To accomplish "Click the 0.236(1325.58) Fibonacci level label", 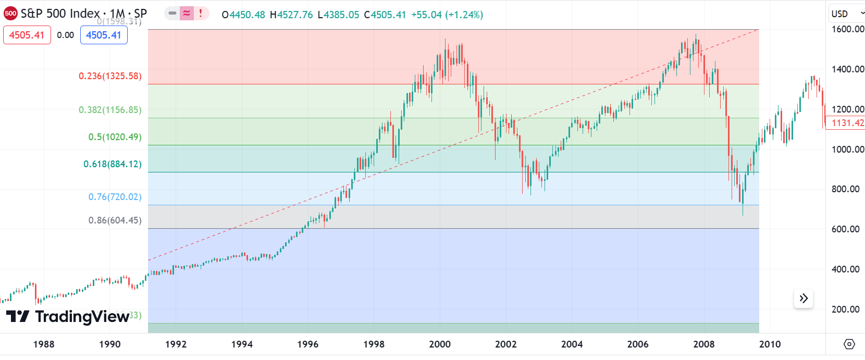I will pyautogui.click(x=110, y=76).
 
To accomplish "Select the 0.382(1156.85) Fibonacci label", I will pyautogui.click(x=110, y=110).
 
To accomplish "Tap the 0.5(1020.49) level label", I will pyautogui.click(x=115, y=137).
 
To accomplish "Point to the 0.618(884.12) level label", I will pyautogui.click(x=112, y=164).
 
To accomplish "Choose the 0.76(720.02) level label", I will pyautogui.click(x=115, y=197).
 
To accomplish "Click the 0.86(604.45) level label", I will pyautogui.click(x=115, y=220).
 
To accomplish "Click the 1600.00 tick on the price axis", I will pyautogui.click(x=848, y=29).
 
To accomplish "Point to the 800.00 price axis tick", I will pyautogui.click(x=846, y=189).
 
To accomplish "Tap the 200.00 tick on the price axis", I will pyautogui.click(x=846, y=309).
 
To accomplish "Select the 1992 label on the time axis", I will pyautogui.click(x=176, y=344).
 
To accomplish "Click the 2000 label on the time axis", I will pyautogui.click(x=440, y=344).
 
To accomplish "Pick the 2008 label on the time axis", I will pyautogui.click(x=704, y=344).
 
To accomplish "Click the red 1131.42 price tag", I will pyautogui.click(x=847, y=123).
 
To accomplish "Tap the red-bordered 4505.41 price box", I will pyautogui.click(x=27, y=35).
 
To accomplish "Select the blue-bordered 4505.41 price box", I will pyautogui.click(x=104, y=35).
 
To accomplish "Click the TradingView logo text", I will pyautogui.click(x=82, y=317).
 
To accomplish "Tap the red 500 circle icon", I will pyautogui.click(x=10, y=14).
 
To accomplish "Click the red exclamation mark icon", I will pyautogui.click(x=201, y=14).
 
